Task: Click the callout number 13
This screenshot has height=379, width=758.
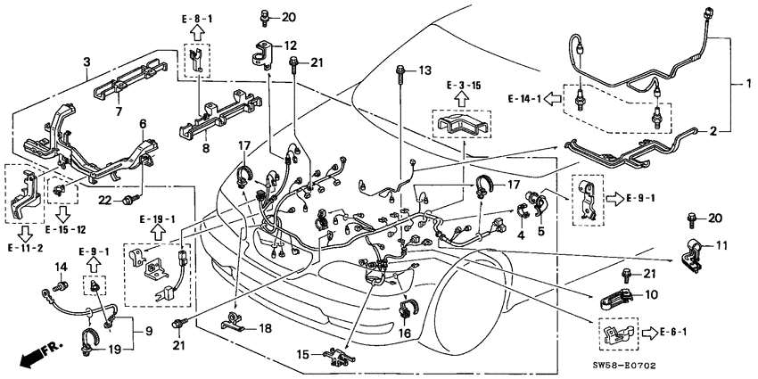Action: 424,70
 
